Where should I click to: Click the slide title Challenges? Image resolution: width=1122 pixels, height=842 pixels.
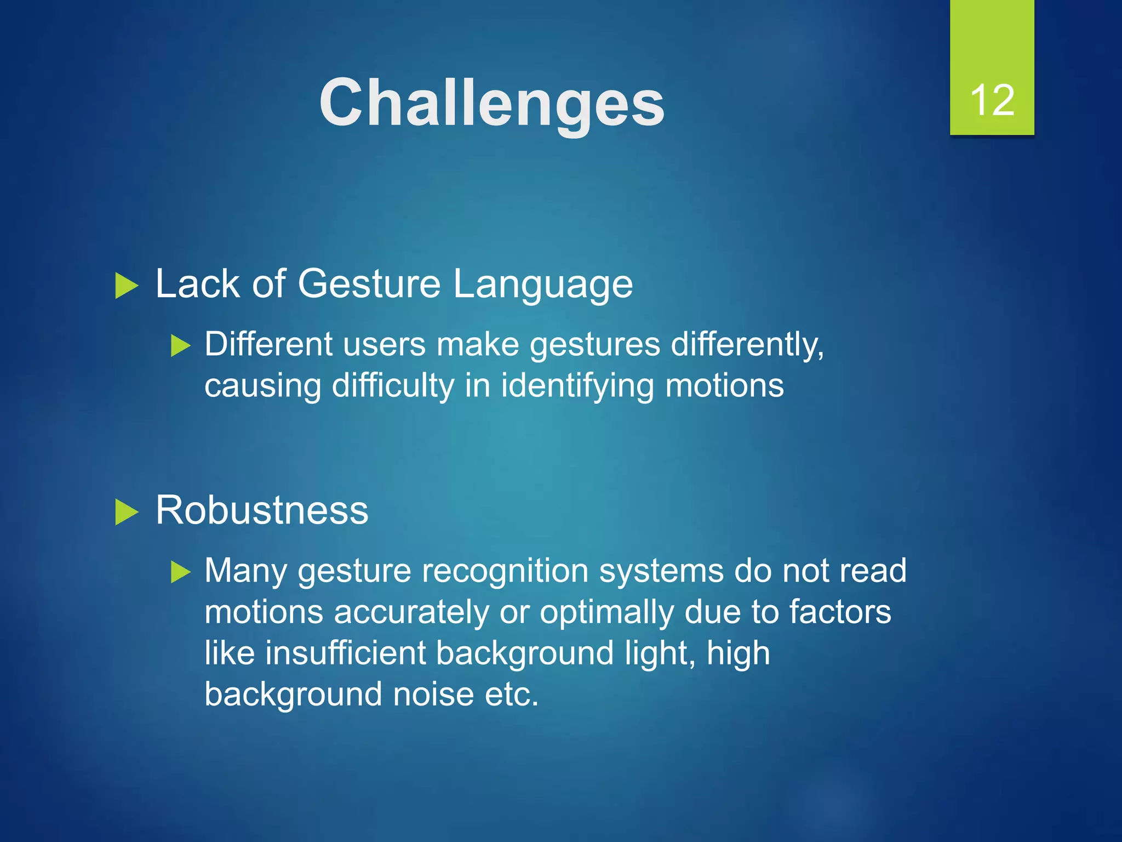[491, 103]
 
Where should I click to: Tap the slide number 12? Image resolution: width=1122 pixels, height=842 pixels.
[992, 100]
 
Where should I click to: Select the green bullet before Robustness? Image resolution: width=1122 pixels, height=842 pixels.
[127, 513]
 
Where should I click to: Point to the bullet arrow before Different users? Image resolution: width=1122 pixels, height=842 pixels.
[180, 346]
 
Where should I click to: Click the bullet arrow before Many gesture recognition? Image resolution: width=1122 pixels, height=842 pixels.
[180, 572]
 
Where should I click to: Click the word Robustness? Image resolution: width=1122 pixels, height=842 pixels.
[262, 510]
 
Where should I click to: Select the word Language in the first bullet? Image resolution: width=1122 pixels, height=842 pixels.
[542, 285]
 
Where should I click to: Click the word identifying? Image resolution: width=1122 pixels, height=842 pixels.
[577, 386]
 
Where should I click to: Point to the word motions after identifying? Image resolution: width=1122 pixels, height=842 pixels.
[724, 385]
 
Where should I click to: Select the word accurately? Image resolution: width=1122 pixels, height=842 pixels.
[411, 612]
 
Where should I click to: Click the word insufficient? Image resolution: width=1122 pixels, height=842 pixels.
[345, 653]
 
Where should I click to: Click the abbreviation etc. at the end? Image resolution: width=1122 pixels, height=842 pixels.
[512, 695]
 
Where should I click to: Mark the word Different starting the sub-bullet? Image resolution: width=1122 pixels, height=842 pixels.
[268, 344]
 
